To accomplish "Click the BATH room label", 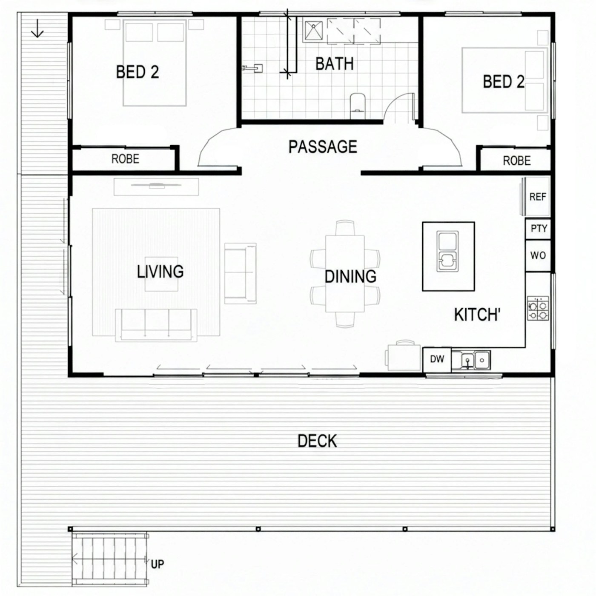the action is tap(334, 64).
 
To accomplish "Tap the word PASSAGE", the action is tap(323, 146).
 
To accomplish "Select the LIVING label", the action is tap(160, 272).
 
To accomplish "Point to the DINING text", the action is tap(350, 277).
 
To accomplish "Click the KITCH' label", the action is tap(477, 315).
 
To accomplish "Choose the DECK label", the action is tap(317, 441).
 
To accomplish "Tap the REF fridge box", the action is tap(538, 197).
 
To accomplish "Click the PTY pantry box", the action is tap(538, 229).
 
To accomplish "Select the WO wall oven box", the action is tap(538, 255).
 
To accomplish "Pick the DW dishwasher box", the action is tap(437, 359).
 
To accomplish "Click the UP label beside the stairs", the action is tap(158, 564).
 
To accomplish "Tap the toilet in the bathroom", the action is tap(358, 106).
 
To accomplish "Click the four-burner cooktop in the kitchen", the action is tap(538, 308).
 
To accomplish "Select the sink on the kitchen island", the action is tap(447, 252).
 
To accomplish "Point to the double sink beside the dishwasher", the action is tap(471, 360).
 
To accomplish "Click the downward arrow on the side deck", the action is tap(37, 28).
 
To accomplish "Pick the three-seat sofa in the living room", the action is tap(156, 325).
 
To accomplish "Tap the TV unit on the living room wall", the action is tap(156, 186).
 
